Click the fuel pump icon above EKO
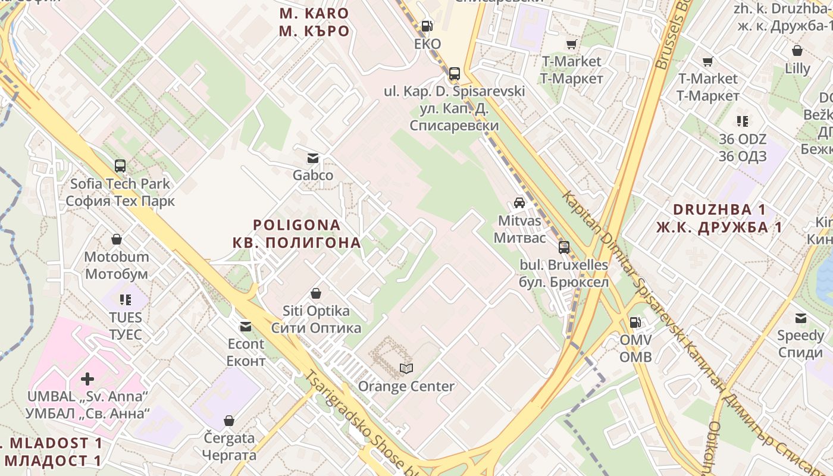427,26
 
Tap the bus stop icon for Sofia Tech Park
120,166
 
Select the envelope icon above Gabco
312,158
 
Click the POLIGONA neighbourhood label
297,226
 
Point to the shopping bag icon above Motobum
117,239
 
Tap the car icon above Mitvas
519,203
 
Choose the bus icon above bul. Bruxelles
563,247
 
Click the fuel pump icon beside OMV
635,322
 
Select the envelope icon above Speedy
801,318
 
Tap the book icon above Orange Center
406,369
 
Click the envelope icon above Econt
245,327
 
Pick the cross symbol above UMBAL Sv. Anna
87,378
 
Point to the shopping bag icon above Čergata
228,421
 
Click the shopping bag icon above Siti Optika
316,293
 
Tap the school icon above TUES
126,299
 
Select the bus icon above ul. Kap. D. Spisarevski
455,74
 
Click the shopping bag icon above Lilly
797,51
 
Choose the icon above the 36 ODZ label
743,121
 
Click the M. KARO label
314,13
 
